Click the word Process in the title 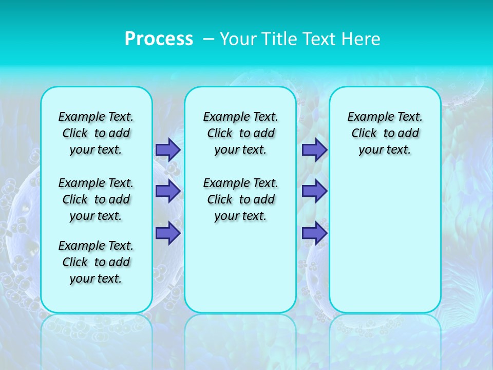[159, 39]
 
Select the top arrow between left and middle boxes [167, 150]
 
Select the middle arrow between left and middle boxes [167, 191]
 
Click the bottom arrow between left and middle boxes [167, 233]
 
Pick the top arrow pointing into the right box [314, 150]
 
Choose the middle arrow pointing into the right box [314, 191]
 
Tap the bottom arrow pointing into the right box [314, 233]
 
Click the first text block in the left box [96, 133]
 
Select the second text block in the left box [96, 199]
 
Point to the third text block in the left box [96, 262]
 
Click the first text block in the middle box [240, 133]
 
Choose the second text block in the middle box [240, 199]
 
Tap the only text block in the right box [385, 133]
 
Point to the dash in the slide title [208, 39]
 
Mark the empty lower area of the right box [385, 242]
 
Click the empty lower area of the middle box [240, 267]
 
